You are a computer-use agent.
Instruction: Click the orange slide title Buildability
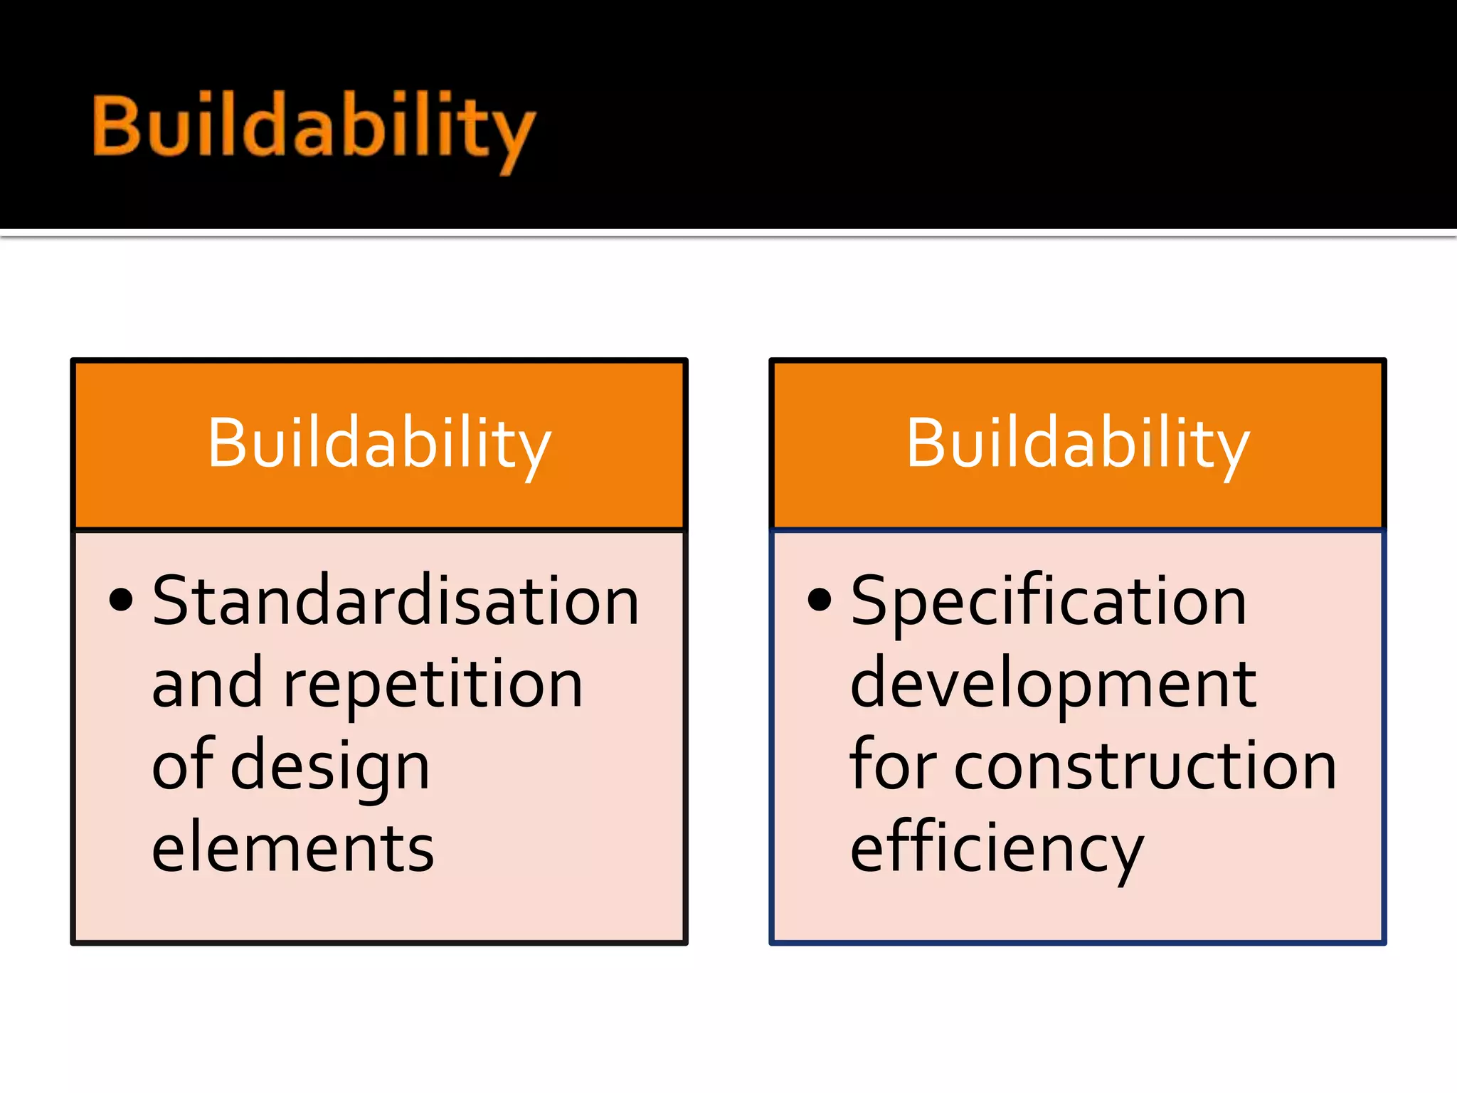click(313, 128)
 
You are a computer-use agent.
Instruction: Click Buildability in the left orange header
click(379, 445)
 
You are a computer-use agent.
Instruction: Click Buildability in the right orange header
click(1077, 445)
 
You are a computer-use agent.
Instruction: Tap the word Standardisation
click(396, 601)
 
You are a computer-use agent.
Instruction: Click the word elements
click(292, 848)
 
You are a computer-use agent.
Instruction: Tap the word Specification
click(1048, 601)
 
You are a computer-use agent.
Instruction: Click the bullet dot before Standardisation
click(121, 600)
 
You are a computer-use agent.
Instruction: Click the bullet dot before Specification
click(820, 600)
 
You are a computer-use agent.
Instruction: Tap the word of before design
click(183, 764)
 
